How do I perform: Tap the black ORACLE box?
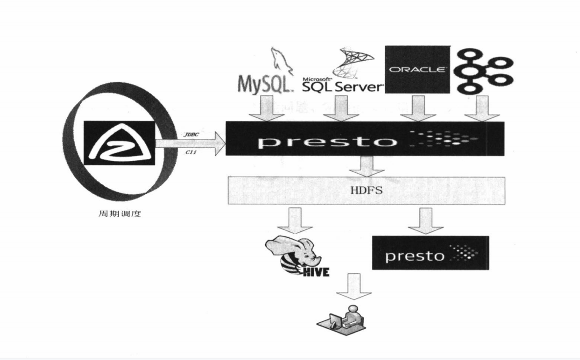tap(417, 69)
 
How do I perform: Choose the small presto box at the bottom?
tap(430, 253)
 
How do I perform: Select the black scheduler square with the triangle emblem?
tap(119, 142)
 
